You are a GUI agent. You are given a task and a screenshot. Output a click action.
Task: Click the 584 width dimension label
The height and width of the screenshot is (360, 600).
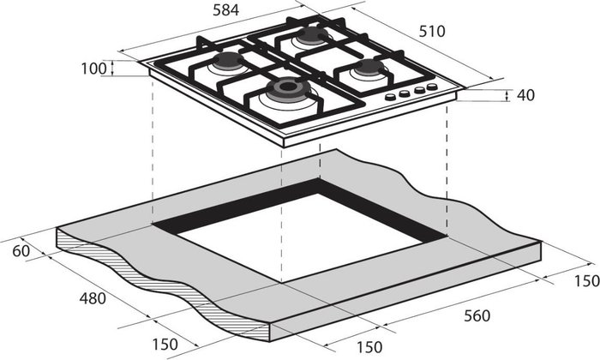(x=225, y=10)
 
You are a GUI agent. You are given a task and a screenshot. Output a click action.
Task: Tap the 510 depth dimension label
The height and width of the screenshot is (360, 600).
(x=432, y=32)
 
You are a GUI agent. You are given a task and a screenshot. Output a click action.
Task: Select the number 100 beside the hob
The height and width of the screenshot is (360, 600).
(x=93, y=69)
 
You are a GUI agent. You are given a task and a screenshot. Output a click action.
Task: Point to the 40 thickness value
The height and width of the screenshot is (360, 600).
(x=525, y=95)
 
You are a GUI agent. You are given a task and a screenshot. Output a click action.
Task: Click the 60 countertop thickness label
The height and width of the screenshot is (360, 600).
(x=21, y=251)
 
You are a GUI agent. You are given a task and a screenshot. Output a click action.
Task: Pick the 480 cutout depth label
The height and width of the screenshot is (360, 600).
(x=93, y=298)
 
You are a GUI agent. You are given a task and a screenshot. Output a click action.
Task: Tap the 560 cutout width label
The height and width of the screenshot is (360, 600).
(x=477, y=316)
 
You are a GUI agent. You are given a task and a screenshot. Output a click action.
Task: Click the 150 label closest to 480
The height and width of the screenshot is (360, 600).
(x=165, y=345)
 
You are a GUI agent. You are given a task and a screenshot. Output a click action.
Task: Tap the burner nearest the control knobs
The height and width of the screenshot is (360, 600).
(x=369, y=68)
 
